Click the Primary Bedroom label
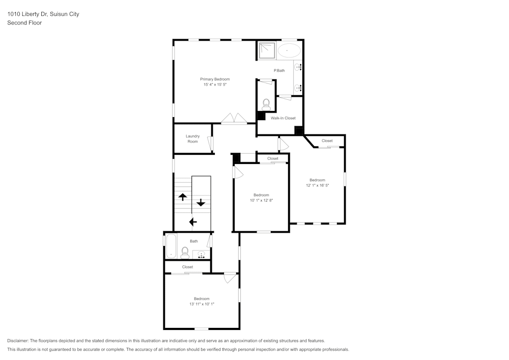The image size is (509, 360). (x=214, y=79)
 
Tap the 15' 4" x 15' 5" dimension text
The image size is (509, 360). (x=214, y=85)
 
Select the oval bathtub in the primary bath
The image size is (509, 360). (x=289, y=50)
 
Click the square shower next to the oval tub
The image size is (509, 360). (x=266, y=50)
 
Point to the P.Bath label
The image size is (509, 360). (x=279, y=70)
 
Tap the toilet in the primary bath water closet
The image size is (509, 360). (x=266, y=104)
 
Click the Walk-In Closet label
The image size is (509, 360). (x=283, y=118)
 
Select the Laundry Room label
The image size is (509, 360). (x=192, y=139)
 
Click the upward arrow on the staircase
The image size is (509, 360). (x=182, y=197)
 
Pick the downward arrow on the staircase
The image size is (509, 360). (x=201, y=202)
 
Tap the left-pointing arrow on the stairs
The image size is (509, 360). (x=193, y=221)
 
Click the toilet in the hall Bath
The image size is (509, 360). (x=185, y=252)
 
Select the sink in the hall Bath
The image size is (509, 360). (x=202, y=254)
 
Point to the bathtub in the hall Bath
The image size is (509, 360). (x=171, y=246)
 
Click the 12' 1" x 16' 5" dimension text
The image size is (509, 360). (x=317, y=185)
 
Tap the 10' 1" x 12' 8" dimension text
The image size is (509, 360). (x=261, y=201)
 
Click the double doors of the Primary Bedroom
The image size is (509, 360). (x=234, y=119)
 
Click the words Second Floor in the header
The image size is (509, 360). (x=24, y=23)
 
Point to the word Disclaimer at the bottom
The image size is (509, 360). (x=18, y=341)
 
